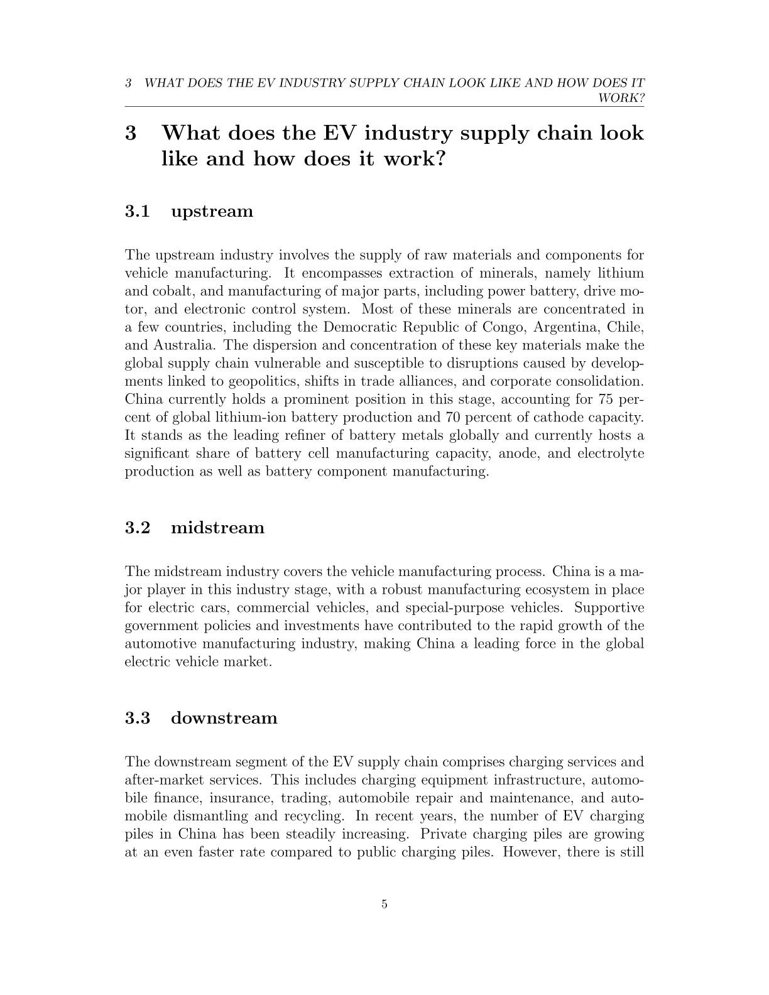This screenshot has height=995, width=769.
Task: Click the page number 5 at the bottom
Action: click(384, 905)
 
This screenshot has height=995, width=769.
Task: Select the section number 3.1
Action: click(138, 211)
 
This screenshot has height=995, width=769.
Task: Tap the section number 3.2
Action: click(138, 528)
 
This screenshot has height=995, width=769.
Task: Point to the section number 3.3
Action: click(138, 718)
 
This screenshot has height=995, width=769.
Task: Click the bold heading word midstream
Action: click(217, 528)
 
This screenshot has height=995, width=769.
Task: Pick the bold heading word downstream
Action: click(224, 718)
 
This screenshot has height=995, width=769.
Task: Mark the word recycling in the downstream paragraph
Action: click(315, 817)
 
